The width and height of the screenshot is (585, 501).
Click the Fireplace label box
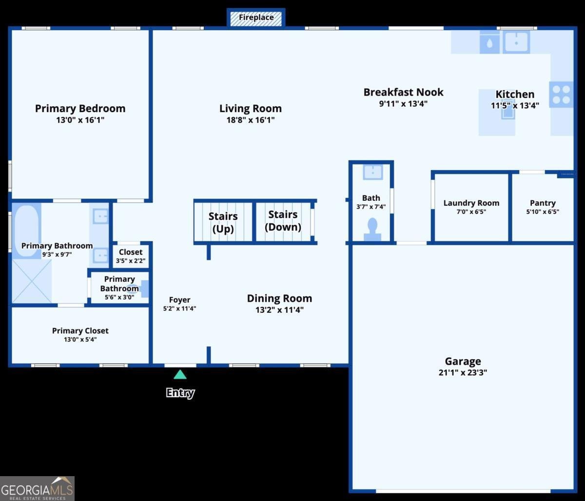coord(256,18)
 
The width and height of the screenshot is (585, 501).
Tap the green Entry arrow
coord(180,375)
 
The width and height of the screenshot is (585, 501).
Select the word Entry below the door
coord(180,393)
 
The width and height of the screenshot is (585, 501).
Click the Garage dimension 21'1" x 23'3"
coord(463,373)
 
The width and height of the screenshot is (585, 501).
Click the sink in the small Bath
coord(373,172)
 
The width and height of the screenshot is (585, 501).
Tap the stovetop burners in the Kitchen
coord(561,95)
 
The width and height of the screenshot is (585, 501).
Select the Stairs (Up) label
coord(223,222)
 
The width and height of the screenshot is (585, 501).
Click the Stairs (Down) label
coord(283,221)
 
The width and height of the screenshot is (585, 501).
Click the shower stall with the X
coord(32,281)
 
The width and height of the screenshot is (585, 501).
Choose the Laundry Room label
coord(471,203)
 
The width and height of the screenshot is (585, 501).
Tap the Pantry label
coord(543,203)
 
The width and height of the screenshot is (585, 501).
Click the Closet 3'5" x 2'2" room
coord(131,256)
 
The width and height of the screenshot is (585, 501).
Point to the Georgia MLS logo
coord(37,488)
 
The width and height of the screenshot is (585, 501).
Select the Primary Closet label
coord(80,330)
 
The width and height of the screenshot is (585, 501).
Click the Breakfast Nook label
coord(403,92)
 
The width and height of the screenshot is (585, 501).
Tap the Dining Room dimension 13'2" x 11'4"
coord(279,310)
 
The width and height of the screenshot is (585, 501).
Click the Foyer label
coord(179,300)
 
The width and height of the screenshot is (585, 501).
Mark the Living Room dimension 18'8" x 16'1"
coord(250,120)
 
